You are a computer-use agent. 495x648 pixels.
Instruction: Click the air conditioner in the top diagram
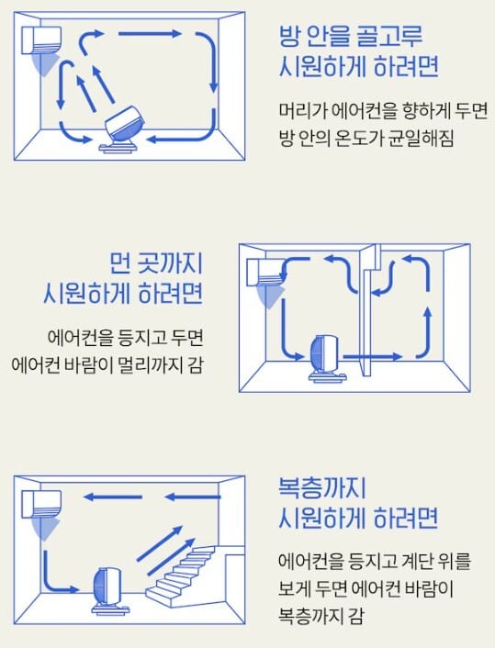click(x=41, y=40)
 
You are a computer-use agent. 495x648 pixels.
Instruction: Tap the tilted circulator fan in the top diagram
click(x=123, y=129)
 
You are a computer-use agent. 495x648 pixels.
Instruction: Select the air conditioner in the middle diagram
click(x=265, y=272)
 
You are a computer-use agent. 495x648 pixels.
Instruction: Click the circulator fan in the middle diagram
click(x=327, y=358)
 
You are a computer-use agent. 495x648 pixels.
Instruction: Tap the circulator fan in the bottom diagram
click(x=108, y=590)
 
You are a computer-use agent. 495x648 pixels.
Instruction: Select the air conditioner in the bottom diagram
click(x=41, y=503)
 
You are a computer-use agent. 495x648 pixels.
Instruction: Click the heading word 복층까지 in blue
click(x=322, y=488)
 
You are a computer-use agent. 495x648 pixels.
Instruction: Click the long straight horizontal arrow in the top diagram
click(x=150, y=33)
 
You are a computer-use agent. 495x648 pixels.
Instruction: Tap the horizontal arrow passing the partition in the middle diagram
click(x=373, y=356)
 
